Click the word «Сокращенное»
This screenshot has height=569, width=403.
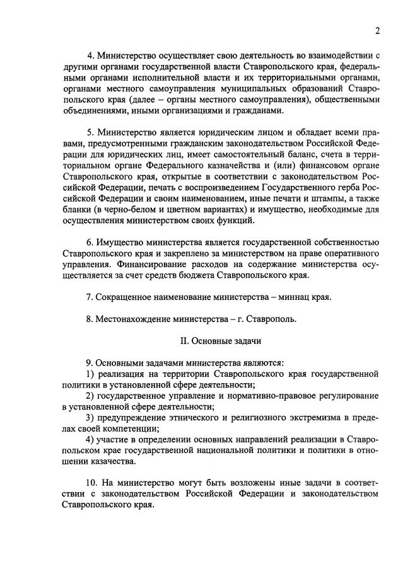pos(124,297)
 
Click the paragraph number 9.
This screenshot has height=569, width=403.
pos(90,363)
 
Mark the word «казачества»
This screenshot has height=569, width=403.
pos(104,461)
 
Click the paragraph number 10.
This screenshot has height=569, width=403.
pos(92,483)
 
